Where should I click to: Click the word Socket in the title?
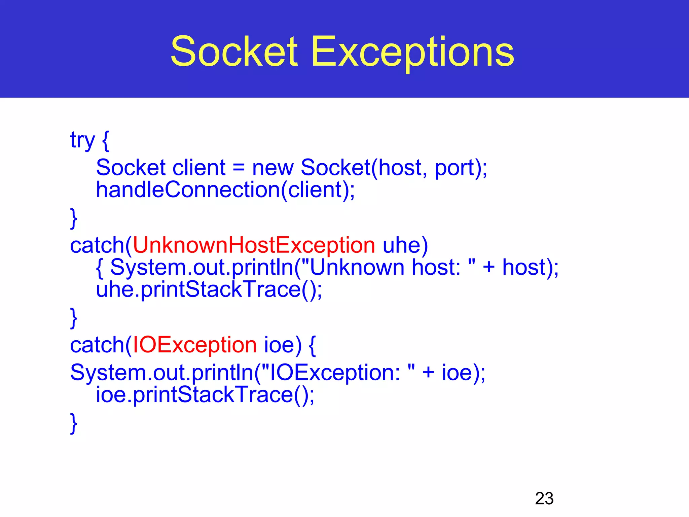[x=234, y=51]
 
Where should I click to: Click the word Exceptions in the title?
[x=412, y=52]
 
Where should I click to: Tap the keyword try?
[x=82, y=140]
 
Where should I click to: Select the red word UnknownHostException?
[x=254, y=245]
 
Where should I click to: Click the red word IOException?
[x=195, y=345]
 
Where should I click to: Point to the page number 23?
[x=544, y=498]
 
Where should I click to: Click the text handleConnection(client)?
[x=225, y=190]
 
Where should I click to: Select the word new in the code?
[x=273, y=168]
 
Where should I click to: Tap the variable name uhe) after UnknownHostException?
[x=405, y=245]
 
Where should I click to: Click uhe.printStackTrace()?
[x=209, y=289]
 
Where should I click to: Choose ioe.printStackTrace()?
[x=205, y=394]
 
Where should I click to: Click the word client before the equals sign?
[x=198, y=168]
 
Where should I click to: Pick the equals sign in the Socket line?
[x=239, y=168]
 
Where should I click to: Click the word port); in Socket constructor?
[x=461, y=168]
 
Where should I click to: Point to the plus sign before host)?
[x=488, y=267]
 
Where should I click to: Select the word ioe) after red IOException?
[x=283, y=345]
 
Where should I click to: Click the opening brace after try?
[x=105, y=140]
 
